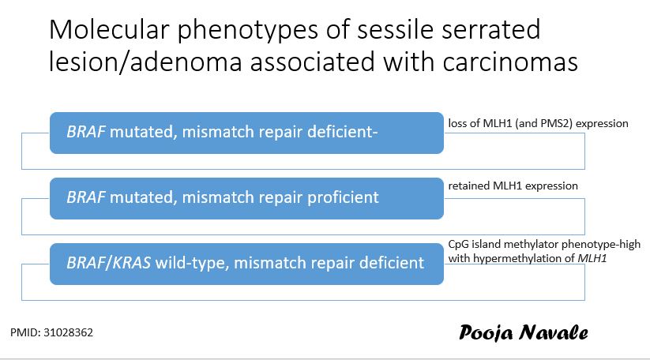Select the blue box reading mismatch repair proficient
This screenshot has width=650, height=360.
[246, 197]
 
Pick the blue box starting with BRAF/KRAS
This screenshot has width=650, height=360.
[246, 261]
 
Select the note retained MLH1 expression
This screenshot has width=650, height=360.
[513, 186]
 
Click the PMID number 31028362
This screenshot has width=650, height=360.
[72, 333]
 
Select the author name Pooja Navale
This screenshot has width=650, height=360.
[523, 332]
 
